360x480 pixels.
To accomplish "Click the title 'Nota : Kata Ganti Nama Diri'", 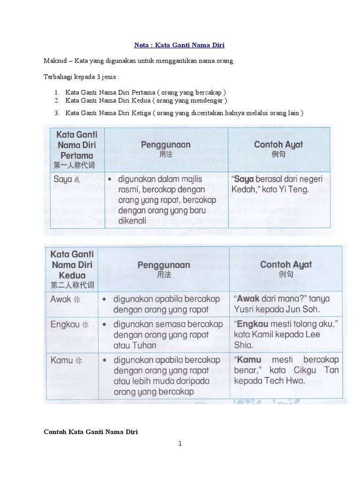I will (180, 45).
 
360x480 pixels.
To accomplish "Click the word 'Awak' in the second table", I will (61, 299).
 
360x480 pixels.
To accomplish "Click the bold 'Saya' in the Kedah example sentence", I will (244, 180).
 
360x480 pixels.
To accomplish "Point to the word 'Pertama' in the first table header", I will (76, 156).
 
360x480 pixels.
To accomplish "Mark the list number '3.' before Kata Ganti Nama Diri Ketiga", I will (57, 113).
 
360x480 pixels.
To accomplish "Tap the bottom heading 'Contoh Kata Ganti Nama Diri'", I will (91, 431).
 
